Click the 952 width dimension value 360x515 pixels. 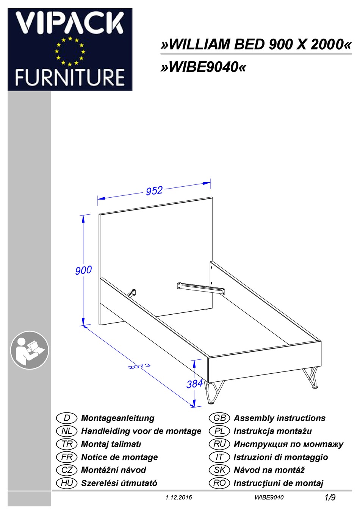tap(154, 190)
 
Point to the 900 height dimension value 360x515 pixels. tap(83, 270)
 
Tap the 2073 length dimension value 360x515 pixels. tap(139, 366)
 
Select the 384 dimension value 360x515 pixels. tap(194, 384)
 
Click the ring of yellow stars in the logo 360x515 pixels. tap(70, 51)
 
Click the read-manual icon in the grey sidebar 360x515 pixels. tap(29, 350)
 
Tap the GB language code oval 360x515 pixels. tap(219, 418)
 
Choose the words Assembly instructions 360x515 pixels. tap(279, 418)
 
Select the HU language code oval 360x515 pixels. tap(67, 483)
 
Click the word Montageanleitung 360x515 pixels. tap(117, 418)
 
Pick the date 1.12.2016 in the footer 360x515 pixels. tap(178, 497)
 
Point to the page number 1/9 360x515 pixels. tap(330, 497)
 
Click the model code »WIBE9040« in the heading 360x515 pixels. tap(203, 67)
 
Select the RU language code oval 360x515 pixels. tap(219, 444)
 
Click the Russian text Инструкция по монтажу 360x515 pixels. tap(288, 444)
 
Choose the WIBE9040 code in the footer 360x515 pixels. tap(269, 497)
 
